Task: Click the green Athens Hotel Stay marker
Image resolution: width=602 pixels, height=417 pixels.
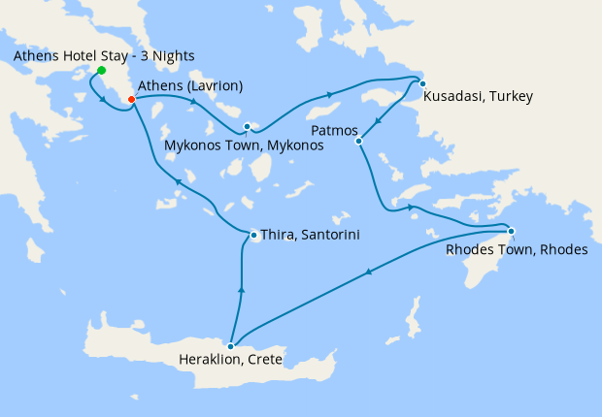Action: point(101,71)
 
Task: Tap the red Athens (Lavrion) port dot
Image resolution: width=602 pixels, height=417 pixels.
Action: point(131,98)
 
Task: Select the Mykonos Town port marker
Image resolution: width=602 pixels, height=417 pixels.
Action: point(248,126)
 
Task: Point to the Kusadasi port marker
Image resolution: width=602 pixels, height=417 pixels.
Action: point(422,83)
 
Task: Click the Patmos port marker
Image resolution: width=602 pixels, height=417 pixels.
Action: point(358,142)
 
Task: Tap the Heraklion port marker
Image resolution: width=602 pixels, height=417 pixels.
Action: point(230,346)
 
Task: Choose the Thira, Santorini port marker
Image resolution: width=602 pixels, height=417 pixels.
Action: point(253,235)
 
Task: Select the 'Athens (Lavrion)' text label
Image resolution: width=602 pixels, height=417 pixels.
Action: point(190,86)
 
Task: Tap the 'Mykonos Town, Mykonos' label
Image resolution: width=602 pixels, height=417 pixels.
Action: point(244,145)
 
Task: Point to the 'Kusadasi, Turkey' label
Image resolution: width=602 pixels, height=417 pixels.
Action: point(478,97)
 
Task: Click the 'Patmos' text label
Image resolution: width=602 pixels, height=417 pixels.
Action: point(335,130)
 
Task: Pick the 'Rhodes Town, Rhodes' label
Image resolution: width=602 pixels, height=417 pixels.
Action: point(517,249)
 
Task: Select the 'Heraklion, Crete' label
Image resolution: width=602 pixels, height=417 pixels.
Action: point(231,360)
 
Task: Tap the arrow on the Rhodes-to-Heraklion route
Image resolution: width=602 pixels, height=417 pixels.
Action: point(369,275)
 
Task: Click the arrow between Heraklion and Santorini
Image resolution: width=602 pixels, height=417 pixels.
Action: point(241,290)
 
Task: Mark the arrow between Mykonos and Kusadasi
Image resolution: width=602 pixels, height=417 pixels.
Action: point(330,94)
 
